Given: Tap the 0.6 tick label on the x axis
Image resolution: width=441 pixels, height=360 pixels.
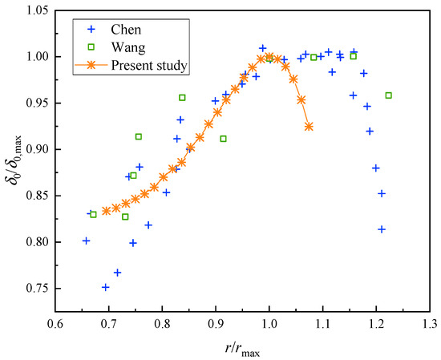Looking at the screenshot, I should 55,326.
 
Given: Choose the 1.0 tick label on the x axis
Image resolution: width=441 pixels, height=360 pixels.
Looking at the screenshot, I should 269,326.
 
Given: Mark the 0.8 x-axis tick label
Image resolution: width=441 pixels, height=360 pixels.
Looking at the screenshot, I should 162,326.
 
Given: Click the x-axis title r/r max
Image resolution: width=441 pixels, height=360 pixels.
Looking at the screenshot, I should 241,349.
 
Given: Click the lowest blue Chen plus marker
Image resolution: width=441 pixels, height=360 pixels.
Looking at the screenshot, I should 105,287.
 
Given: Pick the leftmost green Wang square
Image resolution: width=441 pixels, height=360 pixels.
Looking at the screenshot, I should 93,214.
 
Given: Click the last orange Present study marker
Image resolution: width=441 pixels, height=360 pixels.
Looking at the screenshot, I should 310,126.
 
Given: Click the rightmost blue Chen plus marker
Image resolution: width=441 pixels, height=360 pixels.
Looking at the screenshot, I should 382,229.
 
